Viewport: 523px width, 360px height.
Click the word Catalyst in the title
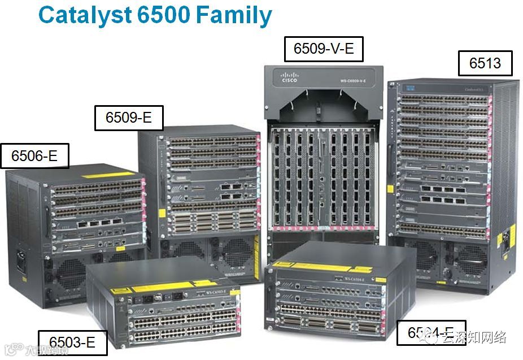85,16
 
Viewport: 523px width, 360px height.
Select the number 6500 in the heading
164,16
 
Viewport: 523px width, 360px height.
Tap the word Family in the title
234,16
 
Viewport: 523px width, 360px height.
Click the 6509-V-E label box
323,49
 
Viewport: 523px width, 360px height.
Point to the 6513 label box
485,63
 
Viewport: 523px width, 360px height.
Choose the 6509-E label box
128,118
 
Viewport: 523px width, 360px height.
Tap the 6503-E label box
72,342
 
